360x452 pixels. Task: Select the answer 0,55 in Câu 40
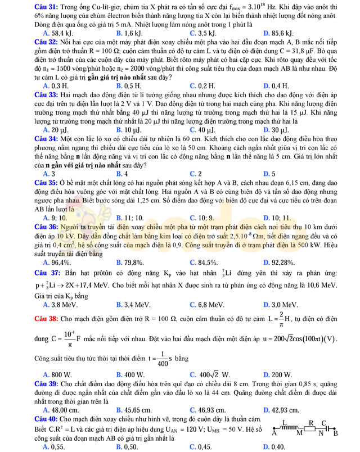tap(56, 446)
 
